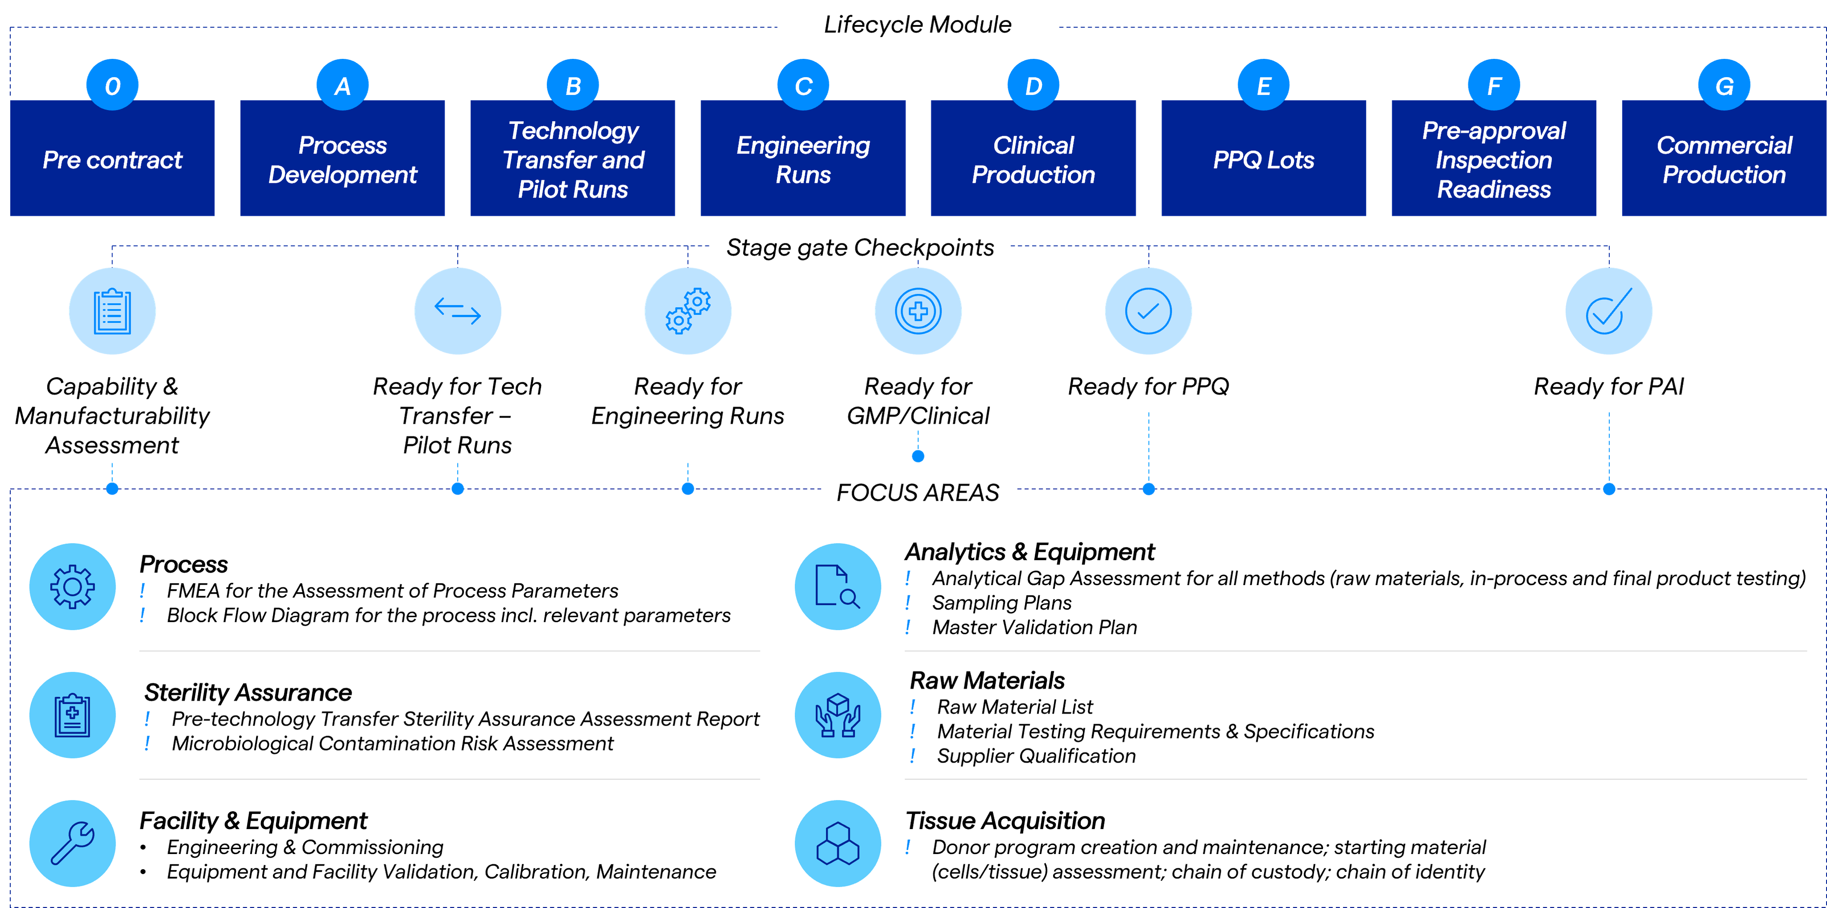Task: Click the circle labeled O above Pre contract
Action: tap(112, 86)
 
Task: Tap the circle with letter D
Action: tap(1033, 86)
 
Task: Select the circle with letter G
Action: tap(1724, 86)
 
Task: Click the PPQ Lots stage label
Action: tap(1263, 160)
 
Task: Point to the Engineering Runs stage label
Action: tap(803, 160)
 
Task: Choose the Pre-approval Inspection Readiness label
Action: tap(1494, 160)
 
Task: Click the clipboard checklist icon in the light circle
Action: tap(112, 311)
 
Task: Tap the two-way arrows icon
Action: tap(458, 311)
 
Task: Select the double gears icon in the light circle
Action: tap(687, 311)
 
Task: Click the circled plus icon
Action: tap(918, 311)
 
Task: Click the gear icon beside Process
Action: tap(72, 586)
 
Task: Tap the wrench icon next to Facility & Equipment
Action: tap(72, 843)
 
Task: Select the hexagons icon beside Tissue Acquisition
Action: tap(838, 843)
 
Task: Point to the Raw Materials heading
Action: tap(987, 680)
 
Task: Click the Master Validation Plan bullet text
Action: tap(1034, 627)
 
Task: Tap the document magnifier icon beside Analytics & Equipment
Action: tap(838, 586)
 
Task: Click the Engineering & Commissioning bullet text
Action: tap(305, 847)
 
